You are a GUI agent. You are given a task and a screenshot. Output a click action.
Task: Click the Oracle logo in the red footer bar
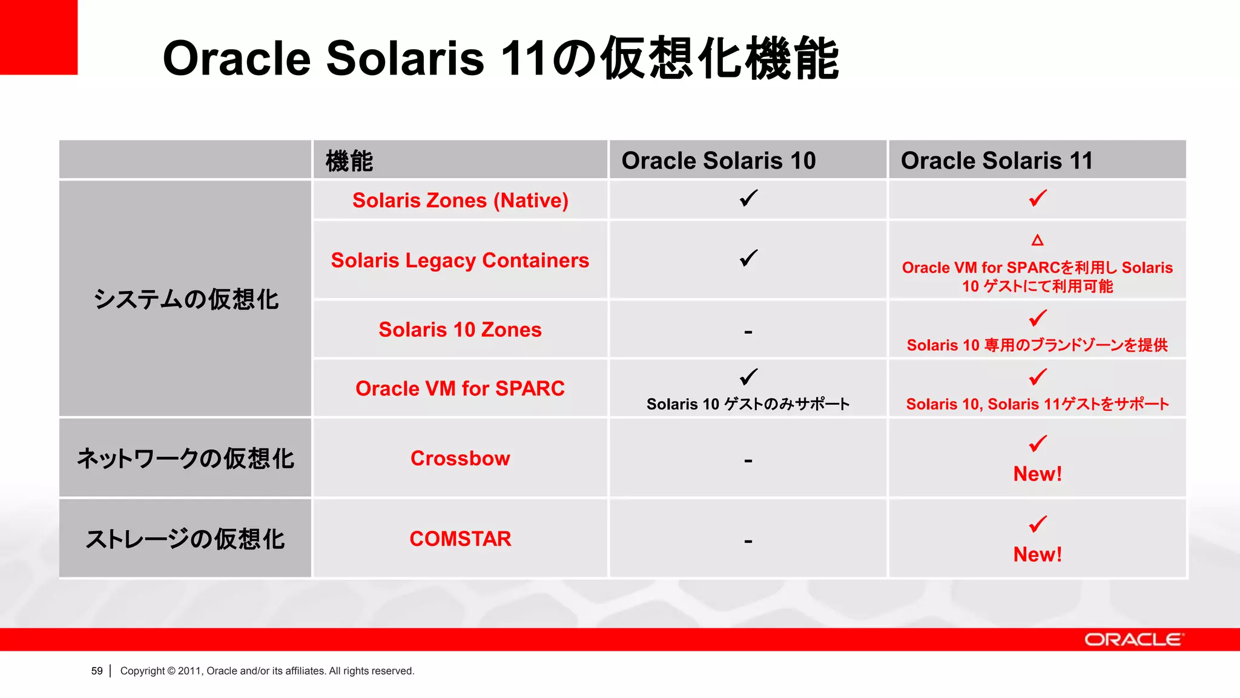[1133, 640]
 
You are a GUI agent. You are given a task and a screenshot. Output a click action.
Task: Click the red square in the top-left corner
[38, 37]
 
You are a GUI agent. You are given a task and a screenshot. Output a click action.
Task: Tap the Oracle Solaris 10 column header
[719, 161]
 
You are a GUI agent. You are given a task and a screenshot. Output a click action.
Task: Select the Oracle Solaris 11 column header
[997, 161]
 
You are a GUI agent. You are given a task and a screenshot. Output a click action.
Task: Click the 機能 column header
[349, 161]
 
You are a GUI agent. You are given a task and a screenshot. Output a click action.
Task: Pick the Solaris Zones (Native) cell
[460, 200]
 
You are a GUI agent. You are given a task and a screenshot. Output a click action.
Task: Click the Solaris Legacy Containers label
[460, 260]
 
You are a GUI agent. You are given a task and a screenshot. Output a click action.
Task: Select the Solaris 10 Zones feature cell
[460, 329]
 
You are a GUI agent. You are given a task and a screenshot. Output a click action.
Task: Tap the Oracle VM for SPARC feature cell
[460, 388]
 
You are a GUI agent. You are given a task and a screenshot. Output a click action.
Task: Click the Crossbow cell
[460, 458]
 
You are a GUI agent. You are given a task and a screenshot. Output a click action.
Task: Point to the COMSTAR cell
[460, 539]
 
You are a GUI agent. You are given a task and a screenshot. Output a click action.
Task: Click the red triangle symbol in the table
[1037, 241]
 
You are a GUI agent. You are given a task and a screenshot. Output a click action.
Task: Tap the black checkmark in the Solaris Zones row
[748, 198]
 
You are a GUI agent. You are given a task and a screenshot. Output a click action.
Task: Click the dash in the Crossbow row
[748, 461]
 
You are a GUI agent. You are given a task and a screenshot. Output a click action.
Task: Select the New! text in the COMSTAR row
[1037, 554]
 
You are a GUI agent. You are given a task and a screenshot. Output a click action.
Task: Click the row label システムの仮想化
[186, 299]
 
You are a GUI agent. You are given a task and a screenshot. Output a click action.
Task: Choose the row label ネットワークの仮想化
[185, 459]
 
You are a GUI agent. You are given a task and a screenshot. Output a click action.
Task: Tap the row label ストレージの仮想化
[185, 539]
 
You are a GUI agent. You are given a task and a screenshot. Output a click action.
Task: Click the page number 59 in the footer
[97, 671]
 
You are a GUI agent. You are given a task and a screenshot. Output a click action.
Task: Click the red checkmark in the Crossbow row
[1037, 443]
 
